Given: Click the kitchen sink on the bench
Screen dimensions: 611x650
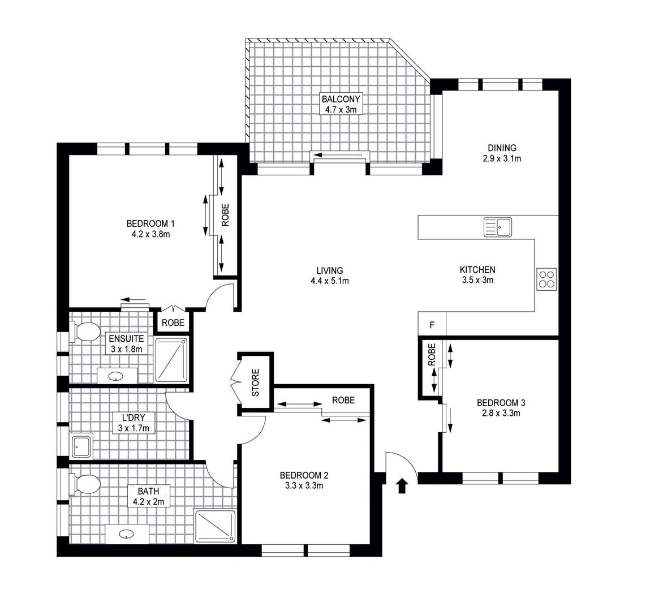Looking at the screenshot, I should pyautogui.click(x=497, y=227).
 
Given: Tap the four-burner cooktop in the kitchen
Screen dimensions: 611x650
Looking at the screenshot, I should pyautogui.click(x=546, y=279).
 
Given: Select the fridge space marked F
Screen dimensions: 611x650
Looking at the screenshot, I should pyautogui.click(x=432, y=325).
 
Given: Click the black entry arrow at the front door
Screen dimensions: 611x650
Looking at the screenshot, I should pyautogui.click(x=402, y=485).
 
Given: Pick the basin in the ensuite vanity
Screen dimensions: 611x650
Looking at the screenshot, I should pyautogui.click(x=117, y=375).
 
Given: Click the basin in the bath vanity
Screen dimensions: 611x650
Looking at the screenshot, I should pyautogui.click(x=127, y=533).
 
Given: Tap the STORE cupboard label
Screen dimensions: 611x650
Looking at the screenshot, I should pyautogui.click(x=255, y=382).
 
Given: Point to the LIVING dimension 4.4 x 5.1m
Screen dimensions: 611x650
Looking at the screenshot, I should pyautogui.click(x=329, y=281).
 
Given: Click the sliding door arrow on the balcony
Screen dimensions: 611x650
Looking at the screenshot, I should pyautogui.click(x=338, y=155).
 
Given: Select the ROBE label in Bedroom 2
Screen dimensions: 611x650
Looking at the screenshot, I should pyautogui.click(x=343, y=400).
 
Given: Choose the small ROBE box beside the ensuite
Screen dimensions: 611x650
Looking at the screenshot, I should pyautogui.click(x=173, y=322).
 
